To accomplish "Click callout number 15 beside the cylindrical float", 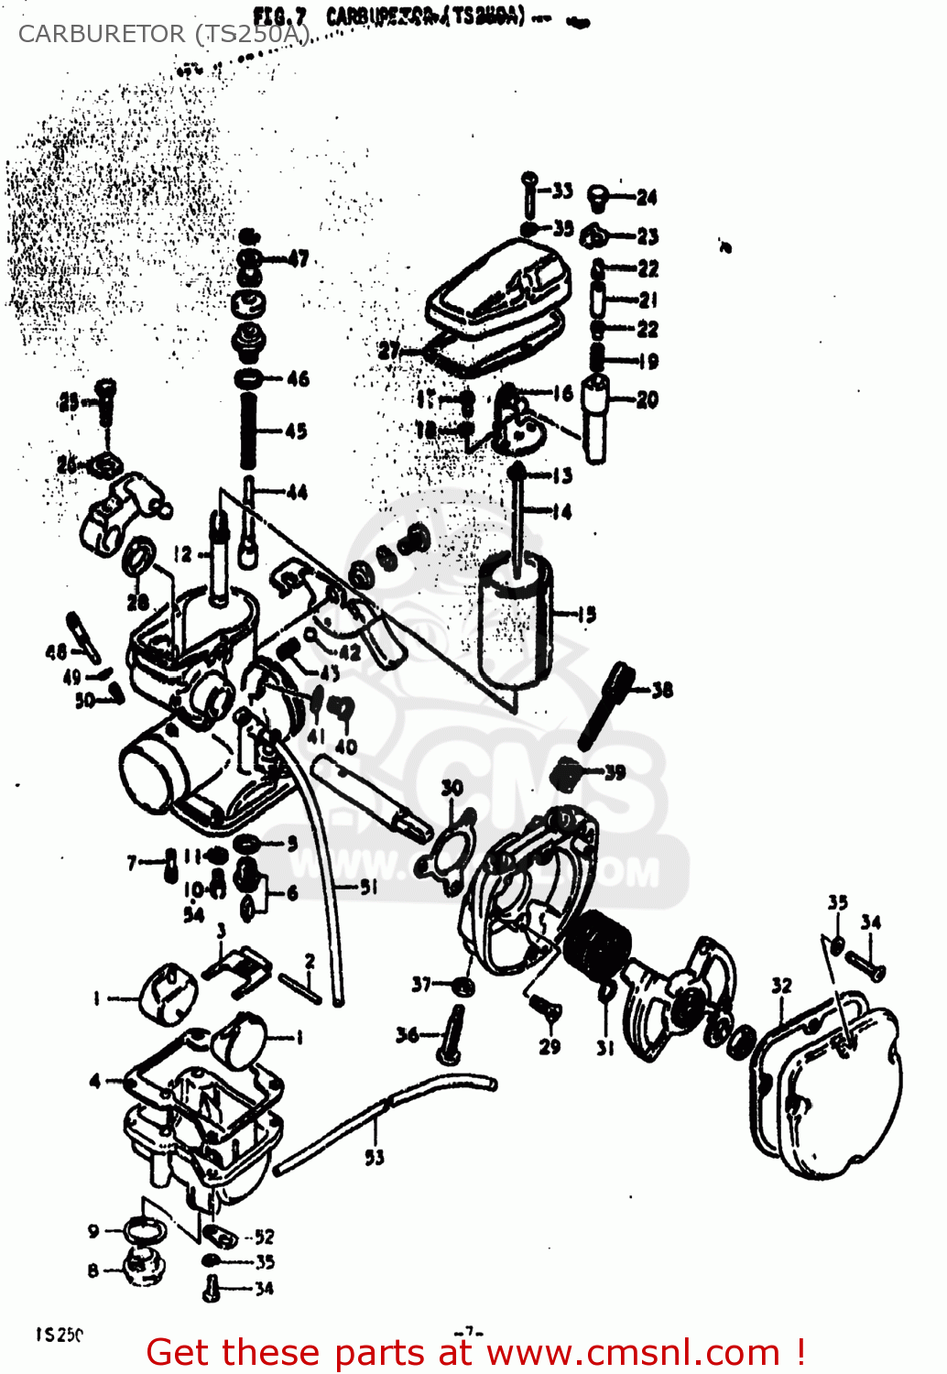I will point(586,615).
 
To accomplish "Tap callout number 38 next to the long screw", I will point(662,689).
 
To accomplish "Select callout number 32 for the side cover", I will point(780,986).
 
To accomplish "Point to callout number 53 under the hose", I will point(375,1157).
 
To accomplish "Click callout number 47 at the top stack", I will point(299,258).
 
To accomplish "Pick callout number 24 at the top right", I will point(647,197).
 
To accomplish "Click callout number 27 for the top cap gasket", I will point(389,350).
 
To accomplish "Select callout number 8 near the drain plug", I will point(93,1270).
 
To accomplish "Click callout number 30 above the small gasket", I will point(452,788).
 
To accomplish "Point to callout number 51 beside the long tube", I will point(368,887).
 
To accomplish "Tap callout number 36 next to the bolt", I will point(407,1035).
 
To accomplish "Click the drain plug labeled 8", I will point(142,1268).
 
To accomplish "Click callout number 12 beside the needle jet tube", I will point(183,554).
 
